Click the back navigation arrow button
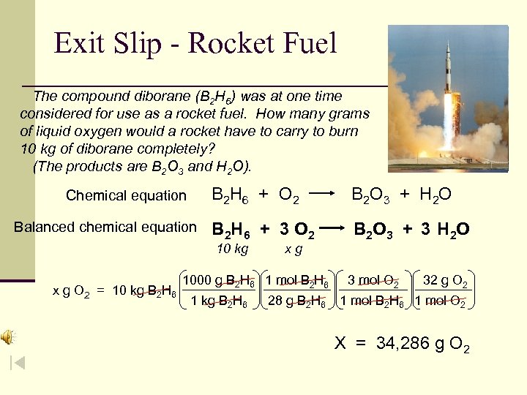pyautogui.click(x=18, y=363)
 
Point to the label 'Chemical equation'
pyautogui.click(x=126, y=195)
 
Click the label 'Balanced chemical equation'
pyautogui.click(x=105, y=227)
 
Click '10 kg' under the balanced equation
pyautogui.click(x=233, y=249)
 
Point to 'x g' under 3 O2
pyautogui.click(x=294, y=249)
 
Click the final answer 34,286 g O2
pyautogui.click(x=402, y=343)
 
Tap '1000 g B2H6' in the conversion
pyautogui.click(x=219, y=280)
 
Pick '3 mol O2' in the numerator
pyautogui.click(x=373, y=280)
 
